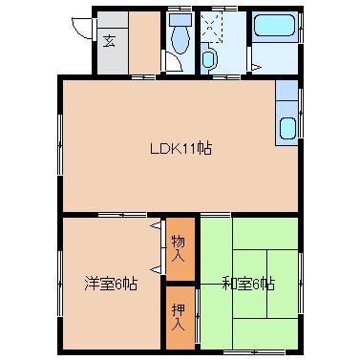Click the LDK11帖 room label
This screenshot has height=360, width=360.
pyautogui.click(x=180, y=148)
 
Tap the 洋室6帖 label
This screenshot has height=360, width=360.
pyautogui.click(x=111, y=284)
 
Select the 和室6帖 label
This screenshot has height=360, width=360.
pyautogui.click(x=248, y=284)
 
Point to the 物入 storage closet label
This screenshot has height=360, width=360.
pyautogui.click(x=179, y=248)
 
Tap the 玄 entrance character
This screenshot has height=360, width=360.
pyautogui.click(x=109, y=41)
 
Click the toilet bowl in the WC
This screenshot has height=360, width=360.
pyautogui.click(x=180, y=40)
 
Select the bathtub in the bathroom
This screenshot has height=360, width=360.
pyautogui.click(x=274, y=26)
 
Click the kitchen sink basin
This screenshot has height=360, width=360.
pyautogui.click(x=287, y=129)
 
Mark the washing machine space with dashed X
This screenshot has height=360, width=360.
pyautogui.click(x=211, y=27)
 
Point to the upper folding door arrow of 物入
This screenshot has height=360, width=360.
pyautogui.click(x=156, y=225)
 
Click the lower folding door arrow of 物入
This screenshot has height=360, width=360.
pyautogui.click(x=156, y=269)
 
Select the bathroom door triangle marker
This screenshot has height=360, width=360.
pyautogui.click(x=256, y=67)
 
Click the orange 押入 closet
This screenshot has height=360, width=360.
pyautogui.click(x=180, y=317)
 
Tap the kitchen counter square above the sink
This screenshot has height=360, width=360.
pyautogui.click(x=286, y=91)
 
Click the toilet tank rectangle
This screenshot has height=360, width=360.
pyautogui.click(x=180, y=20)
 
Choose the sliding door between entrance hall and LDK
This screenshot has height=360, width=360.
pyautogui.click(x=143, y=76)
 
